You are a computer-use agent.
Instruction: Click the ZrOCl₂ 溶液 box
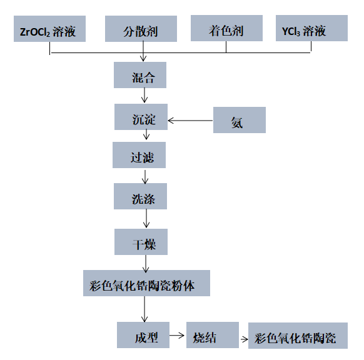49,29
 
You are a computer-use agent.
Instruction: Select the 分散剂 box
141,29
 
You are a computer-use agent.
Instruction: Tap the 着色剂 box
226,28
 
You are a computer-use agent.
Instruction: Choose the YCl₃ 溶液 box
311,28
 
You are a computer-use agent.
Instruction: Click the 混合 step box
140,75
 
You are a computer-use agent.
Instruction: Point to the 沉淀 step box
141,117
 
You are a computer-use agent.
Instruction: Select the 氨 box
240,120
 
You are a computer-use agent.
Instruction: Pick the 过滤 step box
139,155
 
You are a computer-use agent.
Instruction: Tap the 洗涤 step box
140,196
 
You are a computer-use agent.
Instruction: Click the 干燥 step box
141,242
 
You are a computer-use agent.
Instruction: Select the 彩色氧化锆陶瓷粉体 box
147,283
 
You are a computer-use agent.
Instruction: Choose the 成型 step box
143,335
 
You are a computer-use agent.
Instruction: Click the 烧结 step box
213,335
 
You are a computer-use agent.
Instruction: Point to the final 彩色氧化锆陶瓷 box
298,336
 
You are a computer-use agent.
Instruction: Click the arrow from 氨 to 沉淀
190,121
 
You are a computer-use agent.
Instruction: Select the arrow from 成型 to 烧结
177,336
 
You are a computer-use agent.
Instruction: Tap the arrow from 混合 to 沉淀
144,95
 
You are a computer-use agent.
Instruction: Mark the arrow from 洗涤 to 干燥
146,218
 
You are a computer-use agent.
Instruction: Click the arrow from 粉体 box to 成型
144,309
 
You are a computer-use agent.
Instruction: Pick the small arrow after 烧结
244,339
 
